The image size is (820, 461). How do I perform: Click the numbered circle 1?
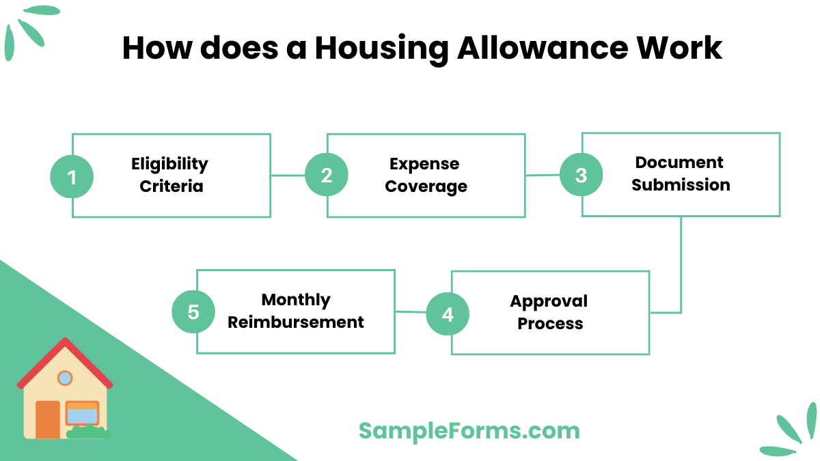click(72, 178)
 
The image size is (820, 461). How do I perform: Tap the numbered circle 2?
click(327, 176)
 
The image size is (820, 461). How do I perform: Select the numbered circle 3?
click(581, 175)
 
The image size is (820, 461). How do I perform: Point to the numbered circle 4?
click(448, 314)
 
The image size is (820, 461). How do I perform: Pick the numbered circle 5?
click(193, 312)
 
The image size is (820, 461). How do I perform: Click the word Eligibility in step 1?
click(169, 164)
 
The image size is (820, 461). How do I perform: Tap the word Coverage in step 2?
click(426, 186)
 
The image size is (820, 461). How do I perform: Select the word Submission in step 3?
click(681, 185)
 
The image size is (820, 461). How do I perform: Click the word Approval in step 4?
click(549, 301)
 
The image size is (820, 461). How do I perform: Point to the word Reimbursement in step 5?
click(295, 322)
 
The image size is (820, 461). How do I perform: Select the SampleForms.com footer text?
click(469, 430)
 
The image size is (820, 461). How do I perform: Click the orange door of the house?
click(48, 419)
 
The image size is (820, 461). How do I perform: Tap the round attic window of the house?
click(65, 378)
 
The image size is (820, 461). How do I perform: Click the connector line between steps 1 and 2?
click(288, 176)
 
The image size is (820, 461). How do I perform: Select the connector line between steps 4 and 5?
click(411, 312)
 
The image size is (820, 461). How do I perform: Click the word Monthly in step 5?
click(296, 300)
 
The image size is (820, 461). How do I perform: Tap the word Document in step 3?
click(679, 163)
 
